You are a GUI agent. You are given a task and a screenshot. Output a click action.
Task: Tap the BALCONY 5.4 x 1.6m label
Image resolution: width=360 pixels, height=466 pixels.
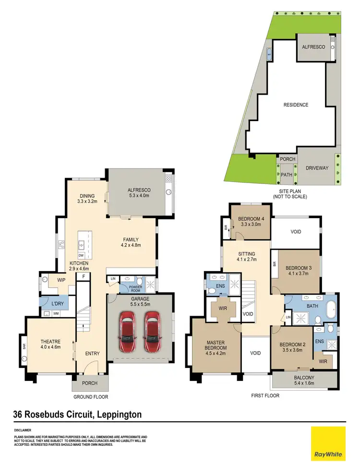click(x=304, y=380)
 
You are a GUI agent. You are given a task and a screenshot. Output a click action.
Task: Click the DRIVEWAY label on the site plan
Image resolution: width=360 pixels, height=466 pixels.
click(x=317, y=168)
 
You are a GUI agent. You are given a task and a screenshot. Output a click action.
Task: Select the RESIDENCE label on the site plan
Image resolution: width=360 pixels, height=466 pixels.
click(x=296, y=105)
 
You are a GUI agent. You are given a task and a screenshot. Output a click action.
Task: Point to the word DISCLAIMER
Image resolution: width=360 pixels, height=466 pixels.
click(x=23, y=430)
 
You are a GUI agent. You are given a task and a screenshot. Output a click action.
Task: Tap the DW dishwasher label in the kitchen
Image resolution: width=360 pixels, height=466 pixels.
click(x=81, y=255)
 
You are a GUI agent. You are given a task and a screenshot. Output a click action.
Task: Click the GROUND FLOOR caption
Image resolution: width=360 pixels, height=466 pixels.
click(x=91, y=397)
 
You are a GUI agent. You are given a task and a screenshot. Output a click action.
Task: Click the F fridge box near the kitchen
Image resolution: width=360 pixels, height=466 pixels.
click(x=84, y=277)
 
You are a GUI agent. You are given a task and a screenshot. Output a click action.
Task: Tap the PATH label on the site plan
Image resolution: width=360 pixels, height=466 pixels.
click(x=287, y=175)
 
